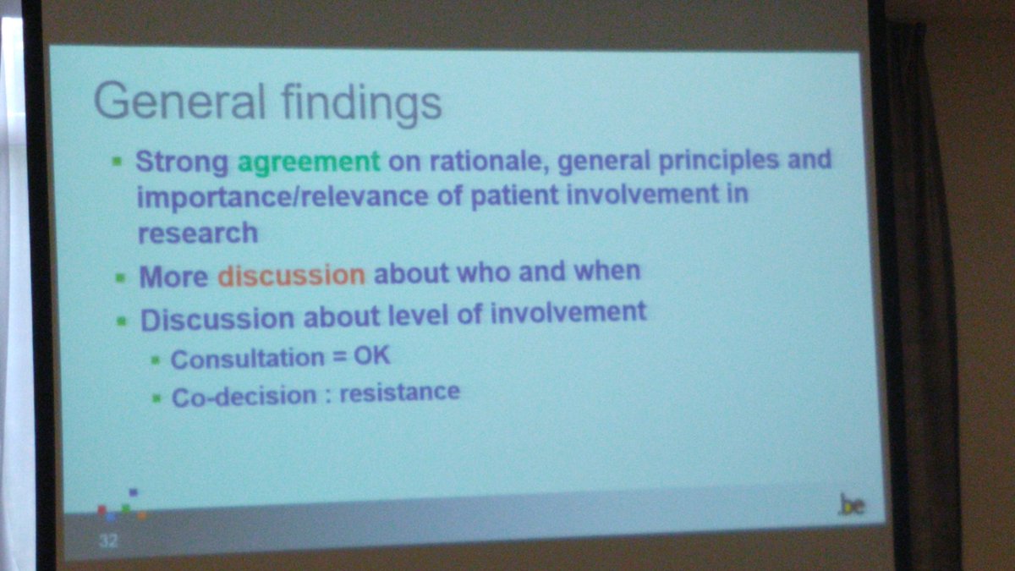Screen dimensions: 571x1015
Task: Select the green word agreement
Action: pos(308,161)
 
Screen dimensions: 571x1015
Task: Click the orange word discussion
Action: pos(292,276)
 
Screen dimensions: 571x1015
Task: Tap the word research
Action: pos(197,233)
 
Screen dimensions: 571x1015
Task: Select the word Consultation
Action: pos(236,359)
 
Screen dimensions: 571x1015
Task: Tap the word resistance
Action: pos(399,393)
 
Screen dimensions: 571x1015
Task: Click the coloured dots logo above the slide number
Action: pos(122,506)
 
